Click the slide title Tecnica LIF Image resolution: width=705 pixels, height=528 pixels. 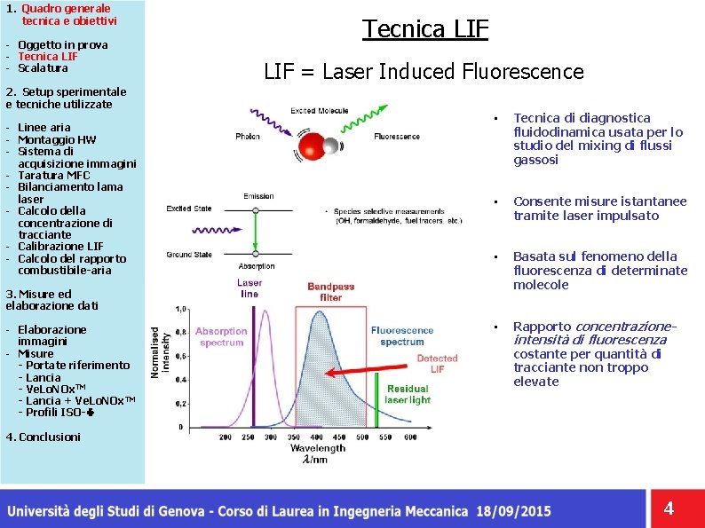click(425, 29)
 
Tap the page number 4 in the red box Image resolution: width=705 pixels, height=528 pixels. click(669, 508)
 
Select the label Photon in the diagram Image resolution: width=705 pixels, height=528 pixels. click(248, 137)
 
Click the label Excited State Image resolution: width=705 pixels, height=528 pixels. click(188, 209)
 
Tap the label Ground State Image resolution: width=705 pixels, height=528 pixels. click(189, 255)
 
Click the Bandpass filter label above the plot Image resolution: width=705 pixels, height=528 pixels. click(330, 292)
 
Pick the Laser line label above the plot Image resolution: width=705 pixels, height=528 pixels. click(250, 288)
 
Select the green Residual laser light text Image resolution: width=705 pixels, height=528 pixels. click(408, 394)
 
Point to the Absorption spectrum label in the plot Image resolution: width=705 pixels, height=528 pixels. click(221, 336)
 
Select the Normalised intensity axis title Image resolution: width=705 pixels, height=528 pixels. click(157, 351)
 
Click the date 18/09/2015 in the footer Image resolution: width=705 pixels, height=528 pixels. click(513, 511)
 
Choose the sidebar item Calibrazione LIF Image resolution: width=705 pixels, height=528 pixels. click(60, 246)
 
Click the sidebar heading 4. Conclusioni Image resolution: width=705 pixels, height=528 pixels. click(44, 437)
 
